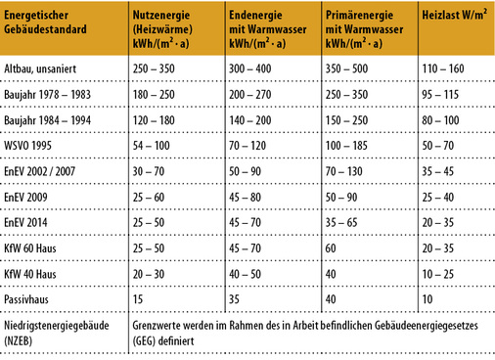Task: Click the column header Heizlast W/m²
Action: pos(453,18)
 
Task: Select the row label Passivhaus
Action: pos(30,297)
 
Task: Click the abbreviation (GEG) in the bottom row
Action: pos(148,342)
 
